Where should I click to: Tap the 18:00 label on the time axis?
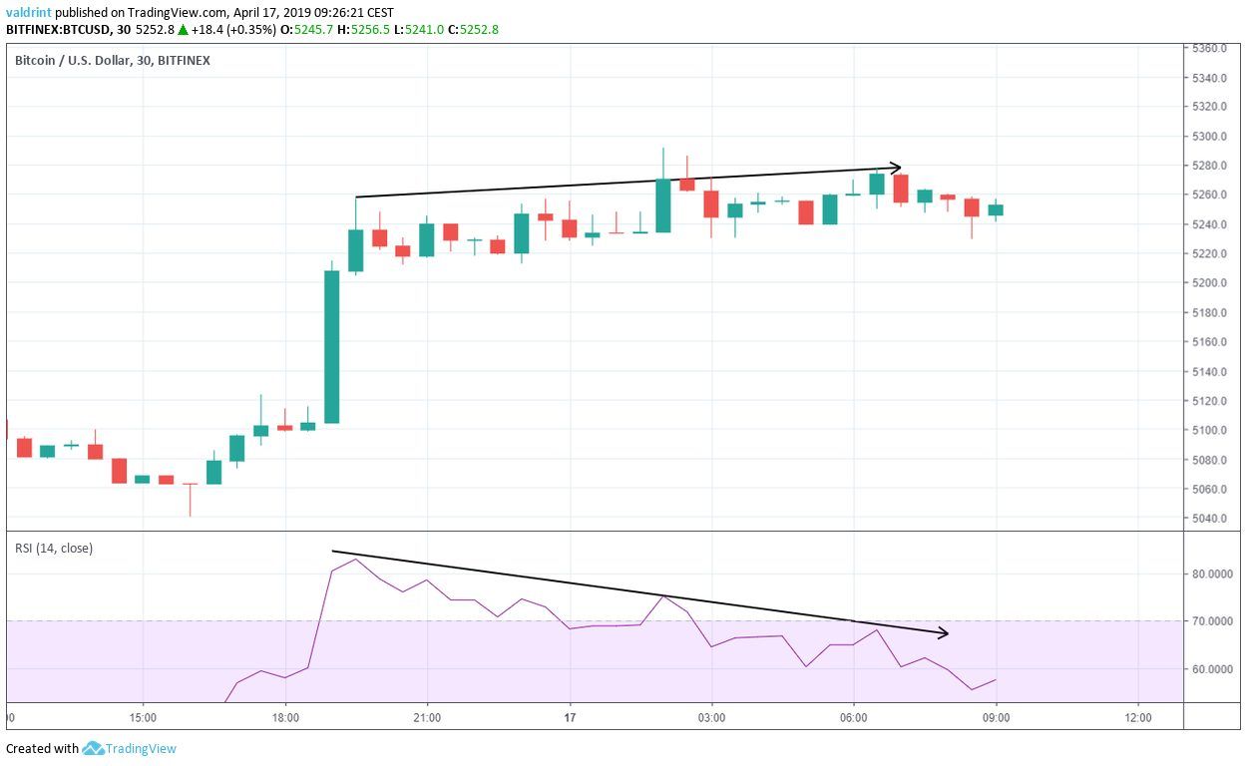point(285,717)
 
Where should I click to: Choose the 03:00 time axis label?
point(711,717)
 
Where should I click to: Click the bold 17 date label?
point(570,717)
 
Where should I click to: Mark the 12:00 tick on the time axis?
point(1137,717)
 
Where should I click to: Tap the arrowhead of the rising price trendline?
point(897,168)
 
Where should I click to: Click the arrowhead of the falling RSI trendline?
point(943,633)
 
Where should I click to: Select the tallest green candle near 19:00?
point(332,347)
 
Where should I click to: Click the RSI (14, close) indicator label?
point(53,548)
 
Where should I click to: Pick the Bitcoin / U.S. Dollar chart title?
point(112,61)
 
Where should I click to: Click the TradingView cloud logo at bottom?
point(94,748)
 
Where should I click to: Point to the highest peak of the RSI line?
point(356,560)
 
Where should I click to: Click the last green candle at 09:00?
point(996,209)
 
